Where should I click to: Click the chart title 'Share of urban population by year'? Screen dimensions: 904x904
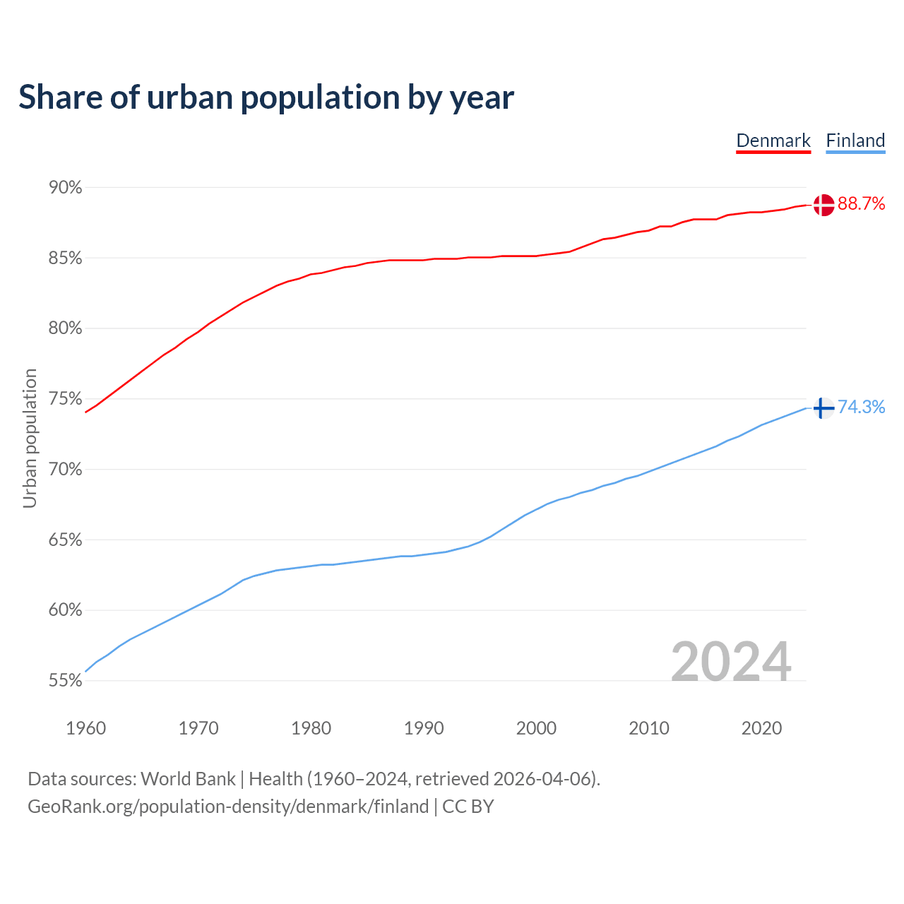(266, 97)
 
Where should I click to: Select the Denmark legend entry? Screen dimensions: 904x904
(773, 141)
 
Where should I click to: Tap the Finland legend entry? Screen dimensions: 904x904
(855, 141)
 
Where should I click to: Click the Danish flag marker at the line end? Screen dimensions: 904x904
(823, 205)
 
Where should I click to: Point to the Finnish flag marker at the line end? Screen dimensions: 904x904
(823, 408)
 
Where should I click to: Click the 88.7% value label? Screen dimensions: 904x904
(861, 204)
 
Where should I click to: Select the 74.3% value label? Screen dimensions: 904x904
(861, 407)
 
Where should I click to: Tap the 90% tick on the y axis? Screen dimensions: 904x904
(65, 188)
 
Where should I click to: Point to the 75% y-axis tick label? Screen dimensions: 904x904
(65, 399)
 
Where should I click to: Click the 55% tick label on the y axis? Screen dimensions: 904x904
(65, 681)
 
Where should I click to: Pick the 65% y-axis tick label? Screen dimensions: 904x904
(65, 540)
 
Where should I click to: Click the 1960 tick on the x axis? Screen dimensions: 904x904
(86, 728)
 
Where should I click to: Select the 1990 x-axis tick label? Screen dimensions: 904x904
(424, 728)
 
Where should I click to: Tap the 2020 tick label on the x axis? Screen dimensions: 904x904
(761, 728)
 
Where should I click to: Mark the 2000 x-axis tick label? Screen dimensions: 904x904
(536, 728)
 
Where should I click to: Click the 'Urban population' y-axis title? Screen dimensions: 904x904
(30, 438)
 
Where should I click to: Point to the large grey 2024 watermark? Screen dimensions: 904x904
(731, 662)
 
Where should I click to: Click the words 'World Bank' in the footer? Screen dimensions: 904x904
(188, 779)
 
